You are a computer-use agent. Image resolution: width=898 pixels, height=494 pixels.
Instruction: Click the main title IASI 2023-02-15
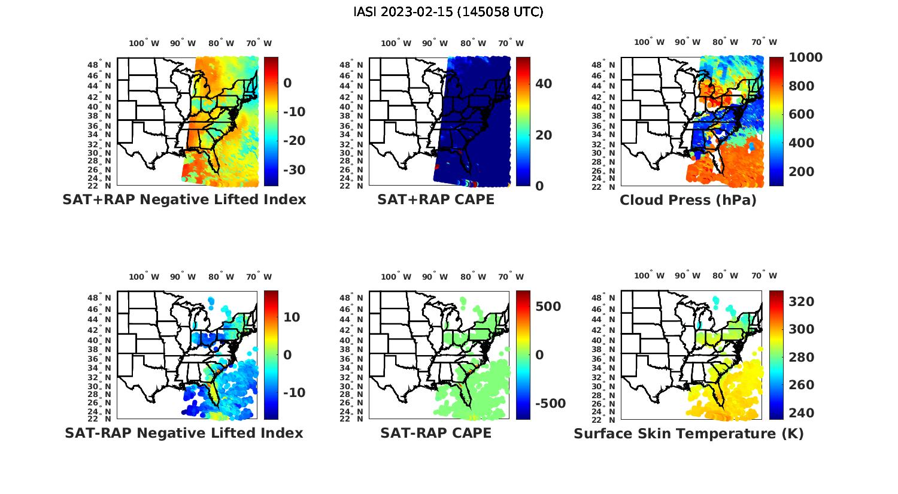click(x=448, y=12)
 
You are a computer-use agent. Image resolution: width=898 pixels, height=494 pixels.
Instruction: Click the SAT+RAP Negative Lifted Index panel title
click(x=184, y=199)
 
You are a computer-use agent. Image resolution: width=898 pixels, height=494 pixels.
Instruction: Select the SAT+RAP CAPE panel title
click(x=436, y=199)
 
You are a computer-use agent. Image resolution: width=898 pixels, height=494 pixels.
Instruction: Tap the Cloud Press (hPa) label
click(x=688, y=200)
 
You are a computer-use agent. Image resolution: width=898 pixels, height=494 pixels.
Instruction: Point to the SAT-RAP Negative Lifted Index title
click(x=184, y=433)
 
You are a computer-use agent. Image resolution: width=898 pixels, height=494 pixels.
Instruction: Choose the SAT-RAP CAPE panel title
click(x=436, y=433)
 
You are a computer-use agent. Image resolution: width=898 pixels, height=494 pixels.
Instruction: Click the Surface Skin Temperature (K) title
click(x=688, y=434)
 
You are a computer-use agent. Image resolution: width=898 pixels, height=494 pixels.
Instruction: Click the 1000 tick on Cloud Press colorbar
click(x=805, y=57)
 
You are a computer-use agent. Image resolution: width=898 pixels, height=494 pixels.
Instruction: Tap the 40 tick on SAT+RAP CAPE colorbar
click(x=544, y=84)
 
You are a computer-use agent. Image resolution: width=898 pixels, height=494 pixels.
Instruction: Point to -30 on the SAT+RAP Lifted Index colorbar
click(x=293, y=170)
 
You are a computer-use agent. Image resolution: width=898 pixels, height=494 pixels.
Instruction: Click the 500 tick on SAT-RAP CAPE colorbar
click(x=548, y=307)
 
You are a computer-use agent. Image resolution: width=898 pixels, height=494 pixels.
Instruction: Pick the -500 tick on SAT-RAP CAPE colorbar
click(x=550, y=404)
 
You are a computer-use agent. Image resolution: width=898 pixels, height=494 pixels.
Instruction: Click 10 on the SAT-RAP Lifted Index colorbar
click(x=292, y=317)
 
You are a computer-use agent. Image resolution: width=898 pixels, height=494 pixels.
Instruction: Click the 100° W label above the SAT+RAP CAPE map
click(x=396, y=43)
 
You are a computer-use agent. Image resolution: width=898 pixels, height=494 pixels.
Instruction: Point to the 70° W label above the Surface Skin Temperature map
click(x=764, y=276)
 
